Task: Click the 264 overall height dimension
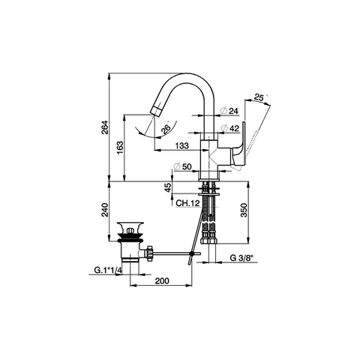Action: click(x=105, y=127)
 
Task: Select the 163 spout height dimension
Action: click(x=120, y=148)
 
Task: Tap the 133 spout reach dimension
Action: click(x=181, y=145)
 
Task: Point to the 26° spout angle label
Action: click(x=166, y=129)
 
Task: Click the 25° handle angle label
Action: click(x=259, y=97)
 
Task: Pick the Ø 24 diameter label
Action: click(x=229, y=111)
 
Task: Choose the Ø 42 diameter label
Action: click(x=230, y=128)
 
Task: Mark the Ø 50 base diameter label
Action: click(x=183, y=166)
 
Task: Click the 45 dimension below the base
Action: click(x=169, y=187)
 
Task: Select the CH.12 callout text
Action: click(x=187, y=203)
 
